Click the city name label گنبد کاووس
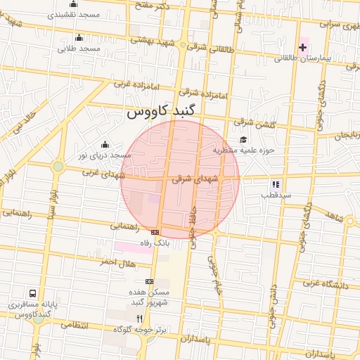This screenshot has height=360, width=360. (x=163, y=112)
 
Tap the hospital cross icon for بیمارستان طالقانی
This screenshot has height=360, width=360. (x=303, y=49)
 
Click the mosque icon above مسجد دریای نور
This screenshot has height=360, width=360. (x=105, y=143)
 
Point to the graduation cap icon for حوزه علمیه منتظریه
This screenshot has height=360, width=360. (x=243, y=139)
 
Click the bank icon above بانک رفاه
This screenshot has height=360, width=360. (x=155, y=232)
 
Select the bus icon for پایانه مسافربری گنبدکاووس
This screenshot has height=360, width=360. (x=32, y=293)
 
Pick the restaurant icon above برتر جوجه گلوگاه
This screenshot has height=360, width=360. (x=139, y=318)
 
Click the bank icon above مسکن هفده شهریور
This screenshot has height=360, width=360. (x=148, y=281)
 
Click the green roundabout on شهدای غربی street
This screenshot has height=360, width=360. (x=58, y=167)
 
